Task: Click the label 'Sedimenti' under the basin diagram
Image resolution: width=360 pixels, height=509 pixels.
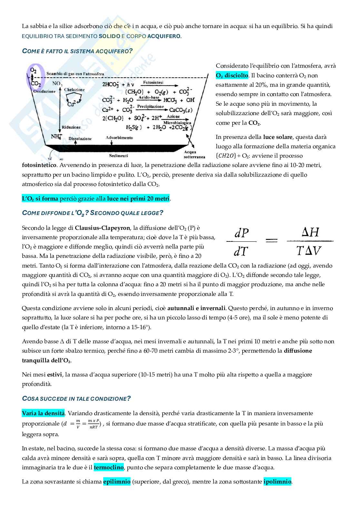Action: tap(118, 156)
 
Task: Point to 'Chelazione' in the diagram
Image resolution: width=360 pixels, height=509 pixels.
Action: tap(74, 90)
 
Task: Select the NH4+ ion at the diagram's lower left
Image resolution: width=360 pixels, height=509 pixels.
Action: tap(56, 137)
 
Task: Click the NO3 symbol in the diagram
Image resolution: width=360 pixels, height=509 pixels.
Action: tap(57, 84)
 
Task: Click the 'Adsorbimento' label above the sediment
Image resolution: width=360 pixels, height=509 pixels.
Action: tap(119, 138)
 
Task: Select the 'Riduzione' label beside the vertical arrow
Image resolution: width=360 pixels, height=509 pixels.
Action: tap(71, 127)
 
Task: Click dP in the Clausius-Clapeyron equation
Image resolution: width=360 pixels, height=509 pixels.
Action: tap(242, 233)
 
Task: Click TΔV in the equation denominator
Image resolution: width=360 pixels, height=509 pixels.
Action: tap(309, 250)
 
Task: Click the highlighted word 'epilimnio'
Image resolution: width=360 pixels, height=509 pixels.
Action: tap(117, 482)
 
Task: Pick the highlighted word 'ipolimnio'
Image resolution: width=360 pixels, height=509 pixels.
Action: tap(277, 482)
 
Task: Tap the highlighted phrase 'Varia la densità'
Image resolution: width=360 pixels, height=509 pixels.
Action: tap(43, 413)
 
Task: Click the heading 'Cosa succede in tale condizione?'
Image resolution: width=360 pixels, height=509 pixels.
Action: tap(76, 398)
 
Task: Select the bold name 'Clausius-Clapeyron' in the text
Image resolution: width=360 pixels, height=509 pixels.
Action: tap(102, 228)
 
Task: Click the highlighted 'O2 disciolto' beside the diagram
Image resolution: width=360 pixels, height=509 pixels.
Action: tap(232, 75)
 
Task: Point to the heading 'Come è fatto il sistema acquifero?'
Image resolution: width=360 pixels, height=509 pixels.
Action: tap(77, 51)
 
